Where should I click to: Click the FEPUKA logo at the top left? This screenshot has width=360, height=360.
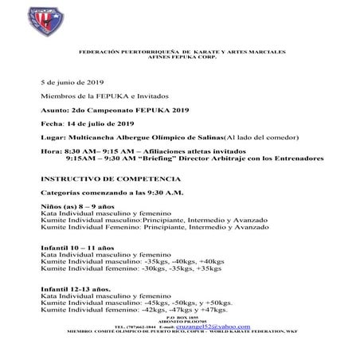(18, 18)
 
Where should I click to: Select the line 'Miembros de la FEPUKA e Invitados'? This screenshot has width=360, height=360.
(100, 96)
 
